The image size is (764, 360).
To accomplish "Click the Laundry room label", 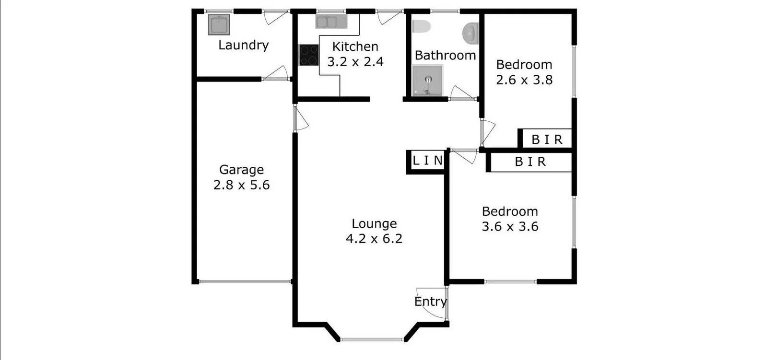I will (243, 45).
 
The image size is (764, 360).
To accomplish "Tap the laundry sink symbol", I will (219, 24).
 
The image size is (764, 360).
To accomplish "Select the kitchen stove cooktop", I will (309, 55).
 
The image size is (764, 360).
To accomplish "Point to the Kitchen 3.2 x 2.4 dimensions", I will (355, 62).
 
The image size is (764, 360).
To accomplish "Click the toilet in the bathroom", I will (422, 27).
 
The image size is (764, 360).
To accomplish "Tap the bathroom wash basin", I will (470, 33).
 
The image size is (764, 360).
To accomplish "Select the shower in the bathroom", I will (427, 81).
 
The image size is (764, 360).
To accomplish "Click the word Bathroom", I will (445, 55).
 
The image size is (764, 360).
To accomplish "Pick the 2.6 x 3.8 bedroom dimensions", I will (524, 80).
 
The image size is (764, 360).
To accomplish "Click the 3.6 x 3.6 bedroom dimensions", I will (510, 226).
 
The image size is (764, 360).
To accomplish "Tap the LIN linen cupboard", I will (428, 161).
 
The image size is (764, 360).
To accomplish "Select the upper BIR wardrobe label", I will (547, 139).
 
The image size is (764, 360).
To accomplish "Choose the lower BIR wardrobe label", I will (530, 162).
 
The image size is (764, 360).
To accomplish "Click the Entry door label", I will (430, 302).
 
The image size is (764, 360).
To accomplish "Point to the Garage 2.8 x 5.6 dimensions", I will (241, 185).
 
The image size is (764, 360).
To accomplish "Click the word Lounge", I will (374, 223).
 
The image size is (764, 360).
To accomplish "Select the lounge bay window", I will (373, 340).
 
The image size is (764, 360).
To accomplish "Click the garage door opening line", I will (245, 282).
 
